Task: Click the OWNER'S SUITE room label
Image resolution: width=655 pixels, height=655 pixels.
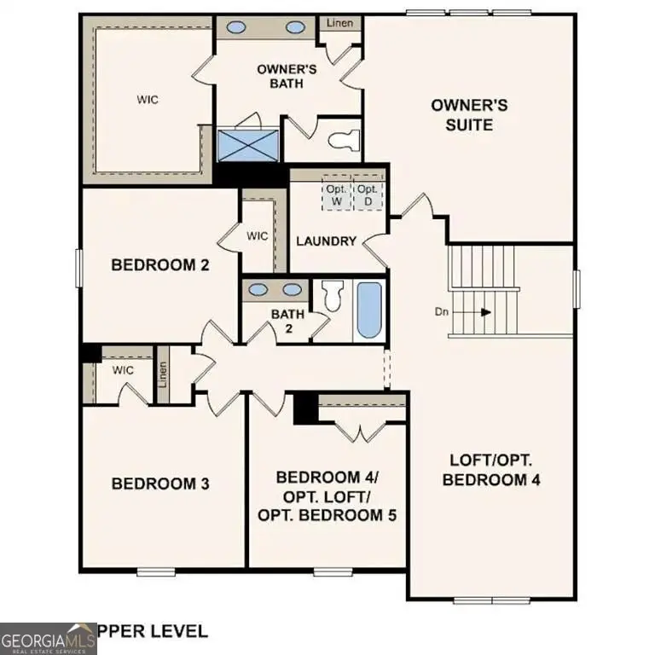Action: pos(469,114)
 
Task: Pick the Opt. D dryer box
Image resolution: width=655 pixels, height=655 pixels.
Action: pos(367,194)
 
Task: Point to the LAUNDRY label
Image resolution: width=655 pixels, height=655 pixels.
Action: pos(326,241)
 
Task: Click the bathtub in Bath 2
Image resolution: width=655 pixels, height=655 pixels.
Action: pos(368,310)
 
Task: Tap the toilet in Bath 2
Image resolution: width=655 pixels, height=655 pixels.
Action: pos(333,295)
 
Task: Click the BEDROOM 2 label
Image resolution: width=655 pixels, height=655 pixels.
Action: pos(160,265)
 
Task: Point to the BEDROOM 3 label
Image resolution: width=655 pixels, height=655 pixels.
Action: pos(160,484)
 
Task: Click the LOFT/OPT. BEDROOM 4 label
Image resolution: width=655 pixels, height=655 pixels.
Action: pos(495,469)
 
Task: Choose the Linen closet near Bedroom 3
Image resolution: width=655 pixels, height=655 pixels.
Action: pos(163,374)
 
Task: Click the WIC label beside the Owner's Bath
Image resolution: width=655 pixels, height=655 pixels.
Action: pos(148,99)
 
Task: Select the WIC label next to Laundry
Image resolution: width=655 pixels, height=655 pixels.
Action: pos(258,235)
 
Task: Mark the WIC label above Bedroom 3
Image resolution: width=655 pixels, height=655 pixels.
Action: pos(124,370)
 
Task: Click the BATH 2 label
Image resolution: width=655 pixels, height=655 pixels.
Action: pos(288,322)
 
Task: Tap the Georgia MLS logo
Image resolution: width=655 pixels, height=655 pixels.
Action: pos(48,638)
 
